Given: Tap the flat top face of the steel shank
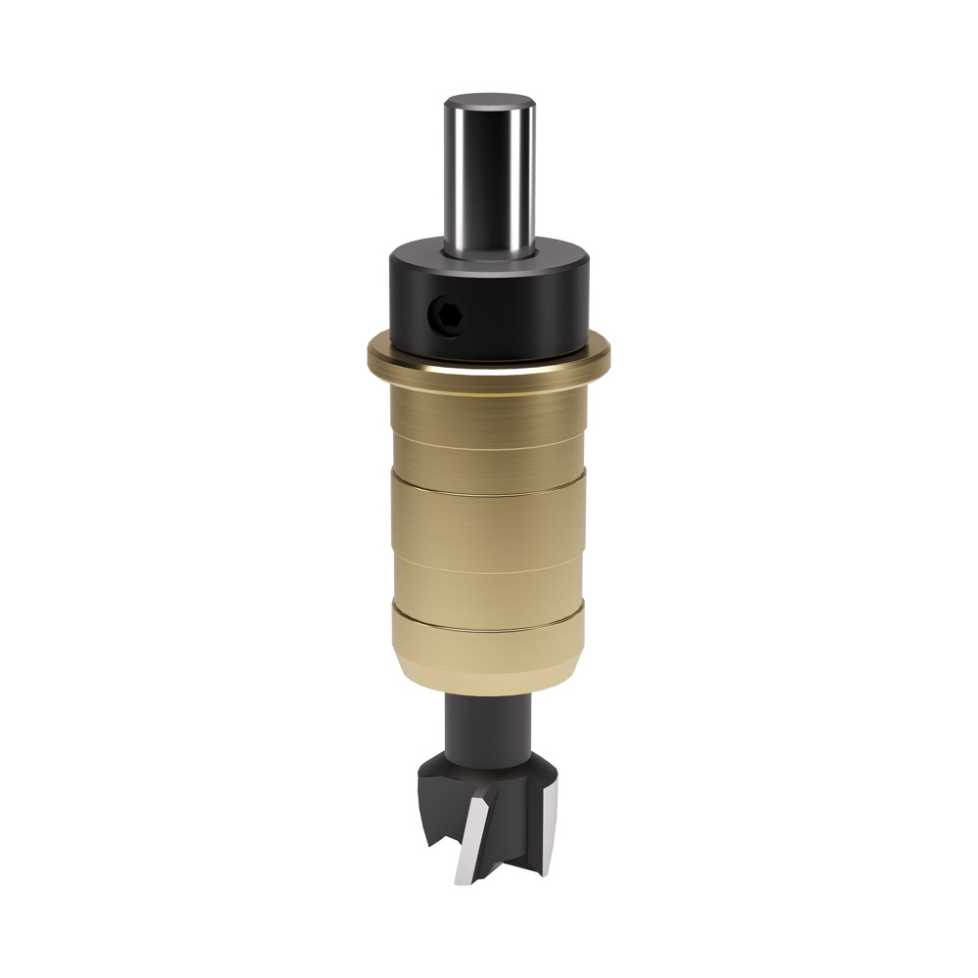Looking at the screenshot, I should point(490,101).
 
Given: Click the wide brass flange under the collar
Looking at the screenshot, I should point(489,363).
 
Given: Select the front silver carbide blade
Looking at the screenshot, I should point(468,836).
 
